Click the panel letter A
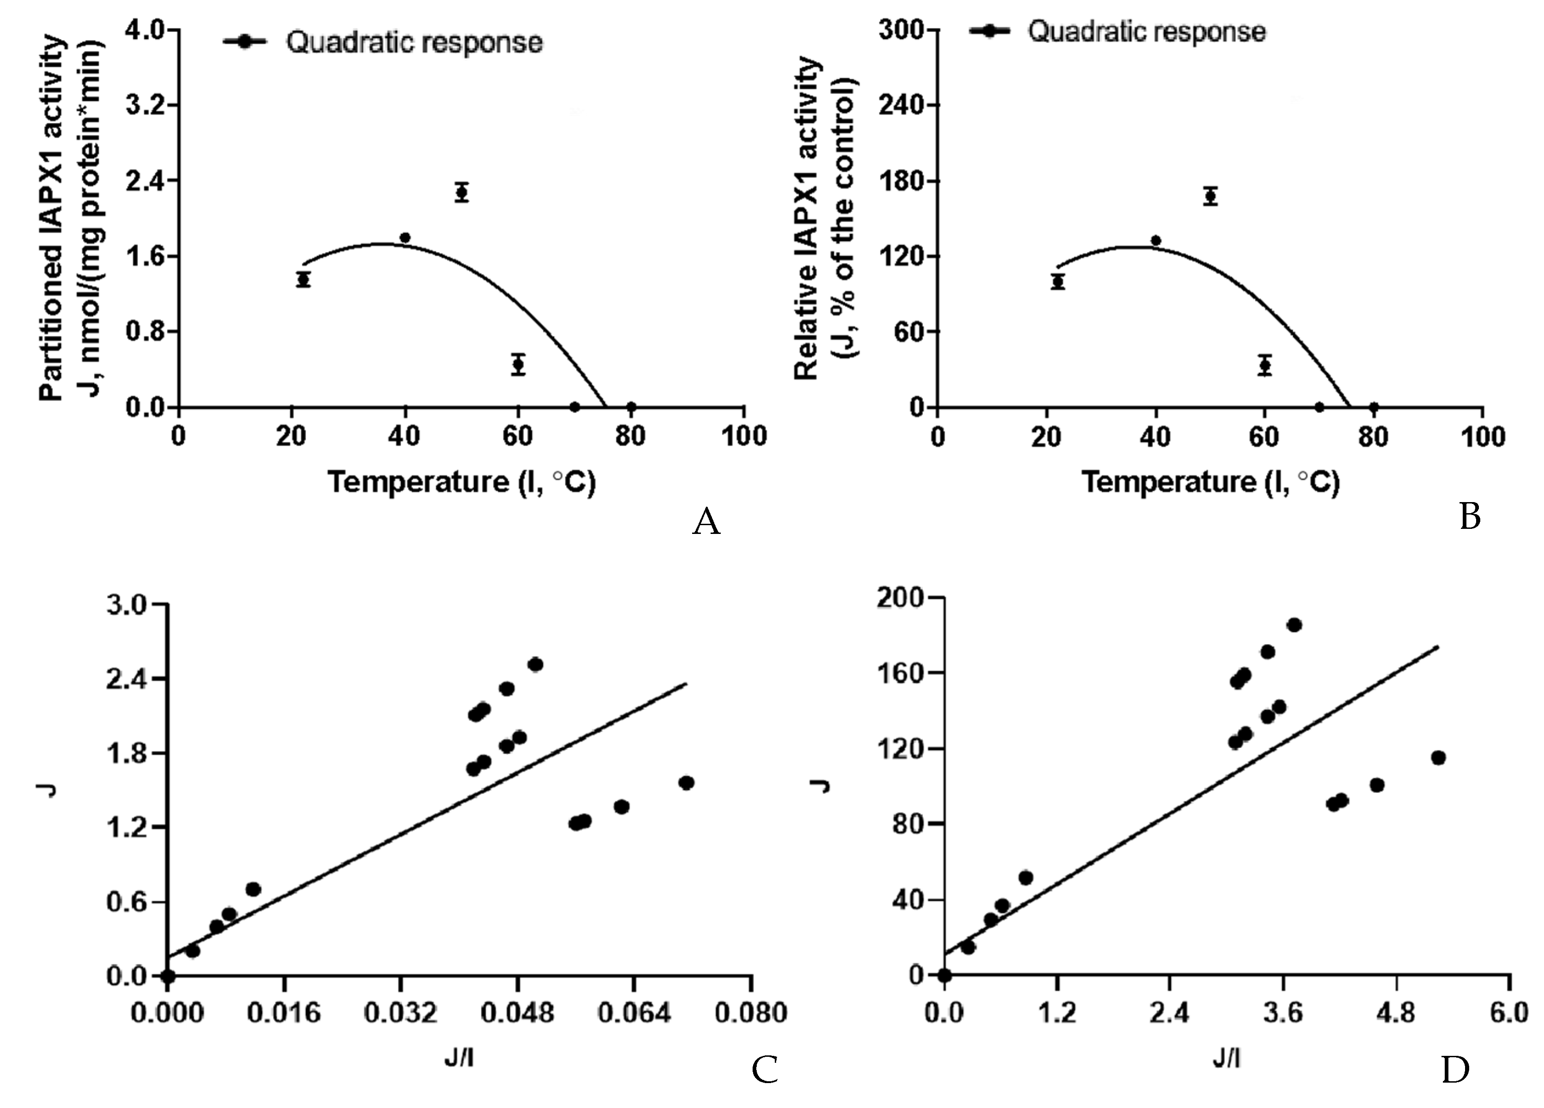tap(706, 523)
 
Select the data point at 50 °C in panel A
tap(462, 192)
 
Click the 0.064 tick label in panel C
tap(634, 1013)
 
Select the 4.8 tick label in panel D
tap(1396, 1013)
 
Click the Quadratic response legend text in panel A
tap(414, 42)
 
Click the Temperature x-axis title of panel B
tap(1211, 482)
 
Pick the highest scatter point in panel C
tap(535, 664)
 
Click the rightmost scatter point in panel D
tap(1438, 757)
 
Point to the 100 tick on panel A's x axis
tap(744, 436)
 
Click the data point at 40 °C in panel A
tap(405, 238)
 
